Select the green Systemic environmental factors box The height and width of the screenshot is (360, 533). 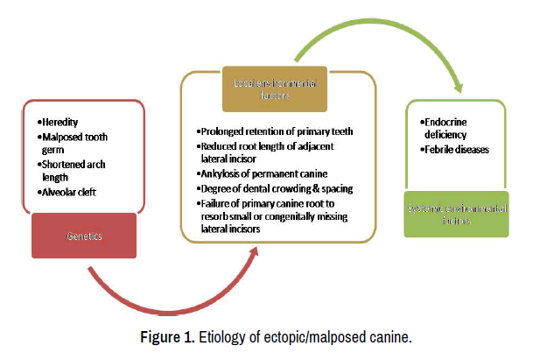tap(455, 214)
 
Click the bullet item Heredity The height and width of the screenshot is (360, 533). tap(63, 122)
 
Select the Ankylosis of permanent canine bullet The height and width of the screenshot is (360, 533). tap(258, 173)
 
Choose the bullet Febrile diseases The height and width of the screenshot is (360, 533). tap(456, 150)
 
